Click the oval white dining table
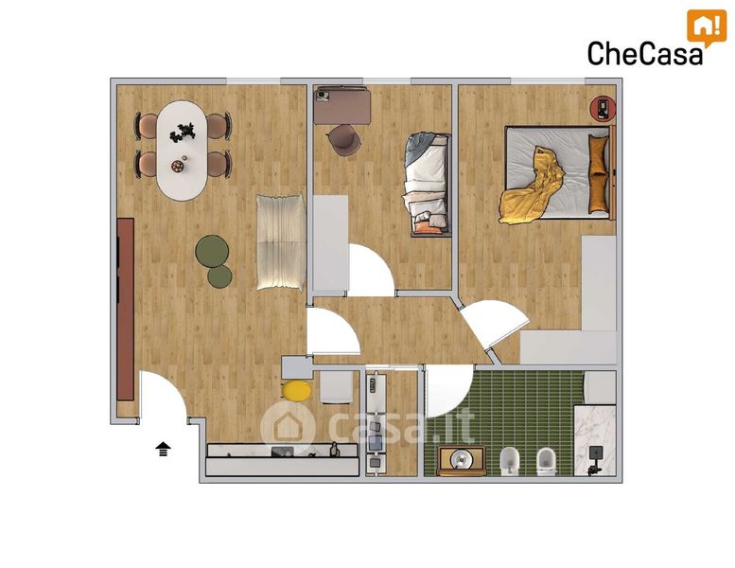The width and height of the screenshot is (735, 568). (182, 151)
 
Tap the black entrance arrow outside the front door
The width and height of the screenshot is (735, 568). (163, 449)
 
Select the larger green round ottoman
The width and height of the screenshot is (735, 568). (212, 251)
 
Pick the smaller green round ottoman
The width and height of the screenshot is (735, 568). (219, 276)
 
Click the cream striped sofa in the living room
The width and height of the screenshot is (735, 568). (281, 242)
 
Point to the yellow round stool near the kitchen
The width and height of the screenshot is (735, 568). (297, 391)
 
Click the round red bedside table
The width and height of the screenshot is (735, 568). (603, 108)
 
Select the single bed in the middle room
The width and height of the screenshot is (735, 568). (427, 185)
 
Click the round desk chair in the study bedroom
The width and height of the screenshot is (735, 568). (344, 139)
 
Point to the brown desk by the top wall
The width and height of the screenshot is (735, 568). (342, 105)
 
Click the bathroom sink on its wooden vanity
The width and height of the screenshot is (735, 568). (462, 461)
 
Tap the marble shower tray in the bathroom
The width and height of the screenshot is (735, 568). (595, 440)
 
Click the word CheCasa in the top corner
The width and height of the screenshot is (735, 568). (645, 53)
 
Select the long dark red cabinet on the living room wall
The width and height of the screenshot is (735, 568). (125, 310)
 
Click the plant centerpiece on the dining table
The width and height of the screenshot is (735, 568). (182, 133)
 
